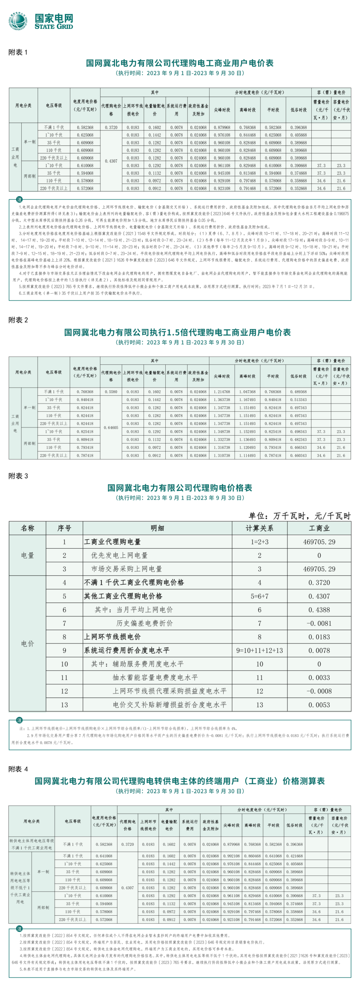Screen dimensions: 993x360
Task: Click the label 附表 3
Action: pos(18,476)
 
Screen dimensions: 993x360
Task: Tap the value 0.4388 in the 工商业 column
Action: pos(319,609)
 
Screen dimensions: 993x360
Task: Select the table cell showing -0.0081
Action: pos(319,623)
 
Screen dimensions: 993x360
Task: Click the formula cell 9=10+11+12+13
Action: pos(259,650)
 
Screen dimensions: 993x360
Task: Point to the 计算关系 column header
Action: pos(259,528)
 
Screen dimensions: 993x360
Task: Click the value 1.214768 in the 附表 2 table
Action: pos(222,392)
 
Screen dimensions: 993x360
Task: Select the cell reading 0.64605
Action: pos(111,427)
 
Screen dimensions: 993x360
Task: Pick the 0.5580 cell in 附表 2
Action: pos(111,392)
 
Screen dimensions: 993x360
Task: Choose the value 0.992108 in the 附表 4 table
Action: pos(231,856)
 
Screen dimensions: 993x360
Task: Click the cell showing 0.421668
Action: pos(294,856)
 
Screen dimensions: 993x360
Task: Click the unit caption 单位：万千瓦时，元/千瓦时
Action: pos(299,516)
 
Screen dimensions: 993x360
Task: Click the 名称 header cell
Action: pos(27,528)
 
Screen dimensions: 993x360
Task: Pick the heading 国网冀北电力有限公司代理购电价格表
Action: pos(180,488)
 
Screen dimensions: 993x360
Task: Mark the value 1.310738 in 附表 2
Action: pos(222,455)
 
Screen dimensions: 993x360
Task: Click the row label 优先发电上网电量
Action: pos(119,555)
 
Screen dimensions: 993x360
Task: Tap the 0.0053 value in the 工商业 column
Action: pos(319,705)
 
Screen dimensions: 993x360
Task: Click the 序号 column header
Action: pos(64,528)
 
